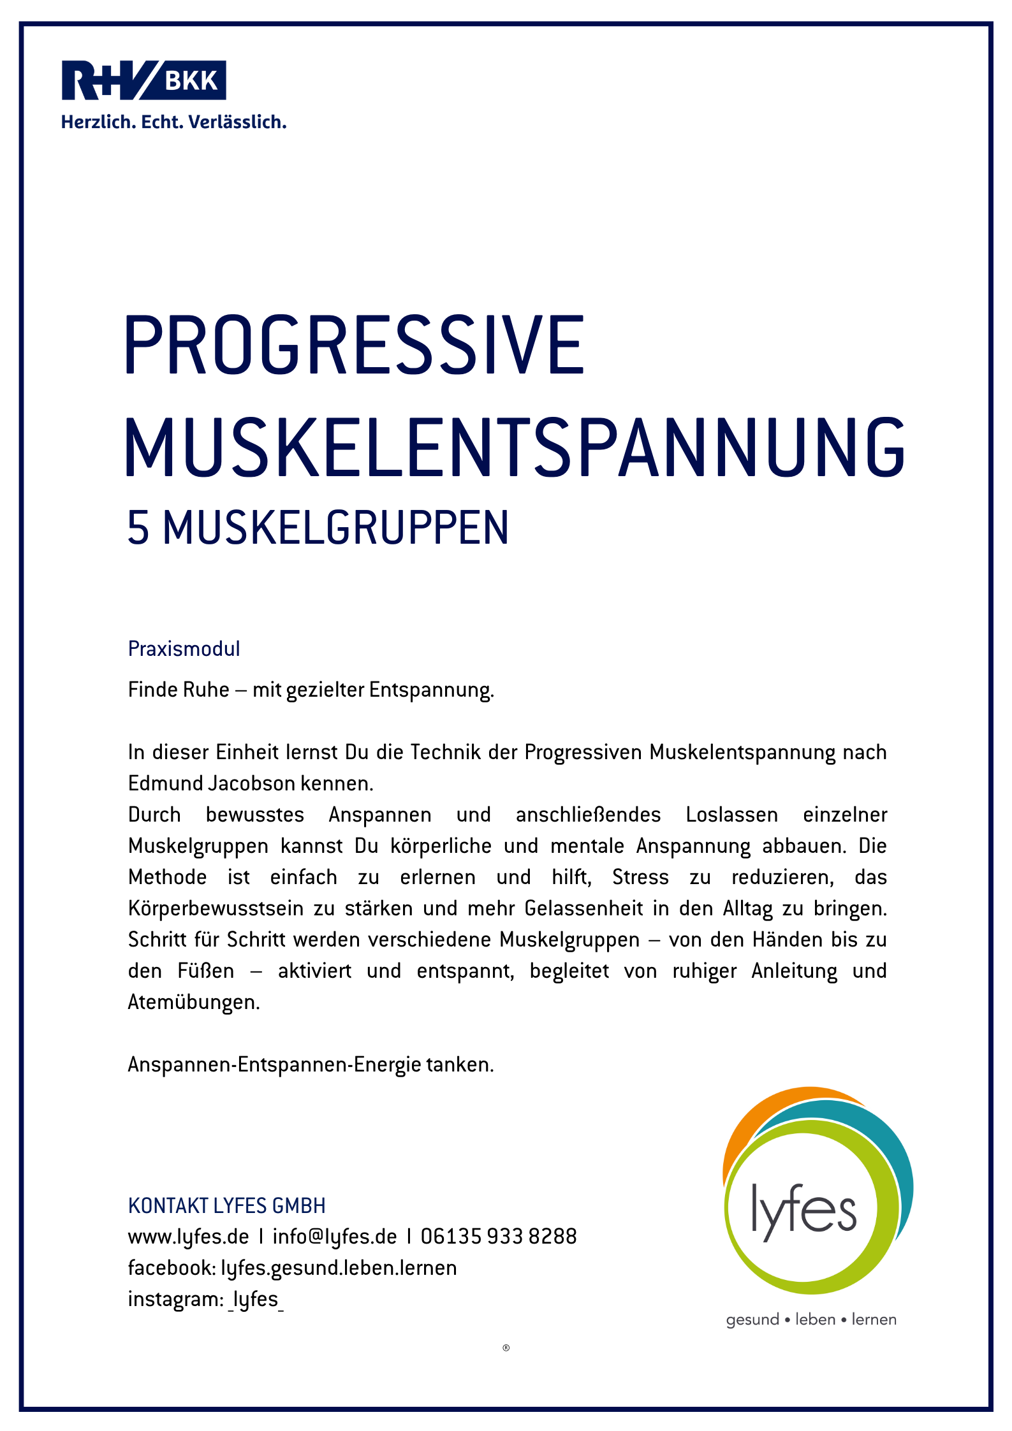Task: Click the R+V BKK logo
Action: (143, 80)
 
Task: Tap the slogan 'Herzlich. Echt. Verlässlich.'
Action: (173, 122)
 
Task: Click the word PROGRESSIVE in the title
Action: (354, 345)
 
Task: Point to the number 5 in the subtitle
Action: (138, 528)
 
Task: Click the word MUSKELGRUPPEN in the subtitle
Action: (336, 528)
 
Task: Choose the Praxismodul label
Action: (184, 649)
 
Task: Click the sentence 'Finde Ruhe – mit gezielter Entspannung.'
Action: (311, 690)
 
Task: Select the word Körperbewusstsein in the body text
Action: (216, 908)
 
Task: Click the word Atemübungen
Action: (194, 1002)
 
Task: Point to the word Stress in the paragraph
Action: (640, 877)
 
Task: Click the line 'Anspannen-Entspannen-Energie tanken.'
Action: (311, 1064)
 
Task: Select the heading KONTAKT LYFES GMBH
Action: (226, 1206)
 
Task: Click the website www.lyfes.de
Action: (188, 1237)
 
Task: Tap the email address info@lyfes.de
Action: (334, 1237)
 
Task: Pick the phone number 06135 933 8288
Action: (499, 1237)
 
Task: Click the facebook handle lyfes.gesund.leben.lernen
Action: (339, 1268)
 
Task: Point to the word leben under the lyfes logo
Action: (815, 1319)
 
